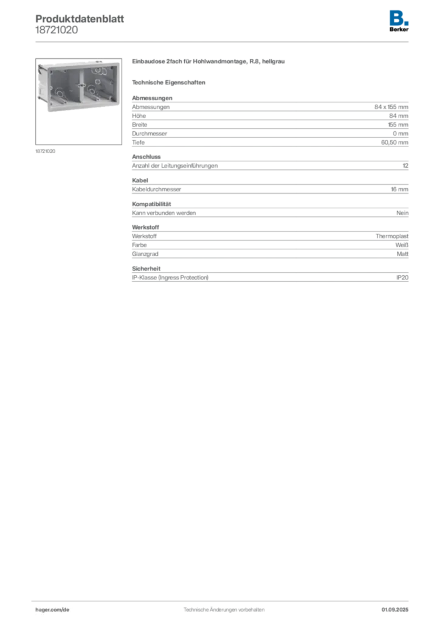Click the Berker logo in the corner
tap(399, 21)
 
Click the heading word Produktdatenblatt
tap(80, 19)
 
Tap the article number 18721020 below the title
tap(57, 30)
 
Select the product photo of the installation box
tap(78, 101)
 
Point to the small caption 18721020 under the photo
tap(45, 151)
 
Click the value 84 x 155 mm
tap(391, 107)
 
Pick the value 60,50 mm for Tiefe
tap(394, 142)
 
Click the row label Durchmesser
tap(150, 134)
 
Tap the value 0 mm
tap(400, 134)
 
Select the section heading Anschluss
tap(146, 157)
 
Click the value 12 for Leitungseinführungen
tap(405, 166)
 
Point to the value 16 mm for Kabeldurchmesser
tap(399, 190)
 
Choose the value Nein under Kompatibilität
tap(402, 213)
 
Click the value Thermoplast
tap(392, 236)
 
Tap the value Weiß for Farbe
tap(402, 245)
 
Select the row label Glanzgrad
tap(145, 254)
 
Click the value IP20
tap(402, 278)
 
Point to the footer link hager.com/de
tap(52, 610)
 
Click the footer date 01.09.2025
tap(395, 610)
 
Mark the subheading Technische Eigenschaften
tap(168, 83)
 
